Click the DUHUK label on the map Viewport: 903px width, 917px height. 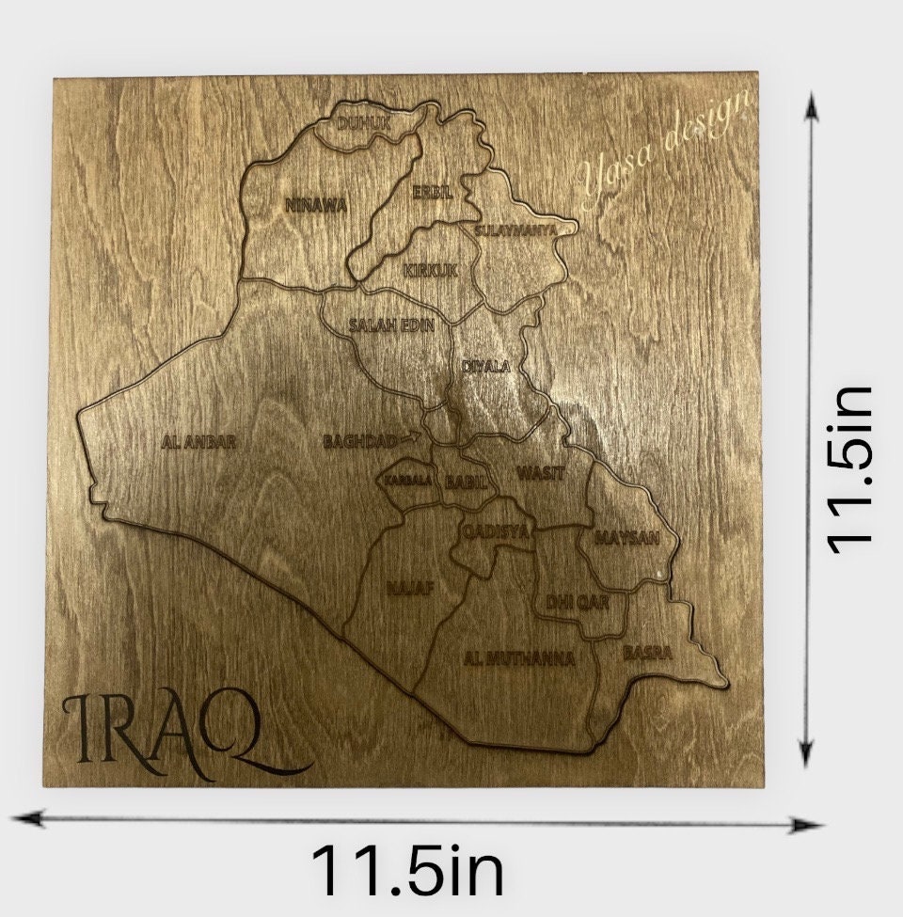point(363,122)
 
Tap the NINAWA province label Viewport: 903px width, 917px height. point(316,204)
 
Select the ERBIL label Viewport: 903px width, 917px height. point(433,192)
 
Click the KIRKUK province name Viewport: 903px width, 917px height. point(431,271)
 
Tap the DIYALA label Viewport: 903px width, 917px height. point(485,366)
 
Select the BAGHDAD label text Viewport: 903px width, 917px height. point(358,440)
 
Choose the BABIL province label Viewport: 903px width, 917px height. point(467,482)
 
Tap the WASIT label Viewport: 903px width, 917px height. point(541,473)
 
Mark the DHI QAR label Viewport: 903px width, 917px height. point(578,601)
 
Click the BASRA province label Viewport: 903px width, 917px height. point(647,651)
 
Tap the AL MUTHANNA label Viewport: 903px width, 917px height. point(519,658)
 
